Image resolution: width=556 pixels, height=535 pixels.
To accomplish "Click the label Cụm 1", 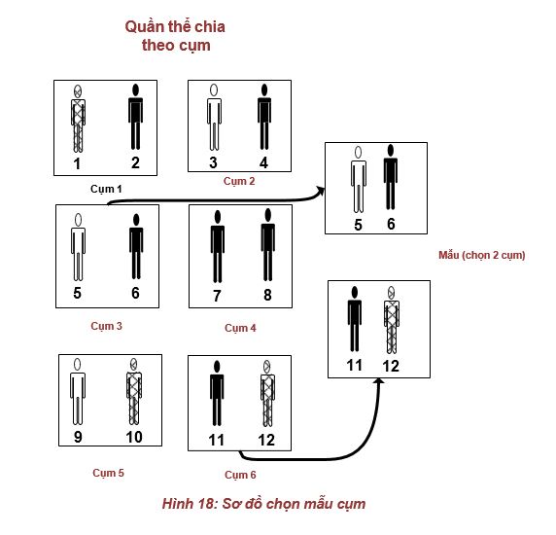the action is [106, 189].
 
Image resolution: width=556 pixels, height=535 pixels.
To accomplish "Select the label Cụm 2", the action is [239, 181].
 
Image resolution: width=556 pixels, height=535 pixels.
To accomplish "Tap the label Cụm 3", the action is [106, 326].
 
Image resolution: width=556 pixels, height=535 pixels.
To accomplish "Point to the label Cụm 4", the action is [240, 328].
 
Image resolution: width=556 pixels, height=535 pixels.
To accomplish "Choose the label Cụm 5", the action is [109, 473].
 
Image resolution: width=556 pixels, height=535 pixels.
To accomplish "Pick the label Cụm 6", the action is [240, 475].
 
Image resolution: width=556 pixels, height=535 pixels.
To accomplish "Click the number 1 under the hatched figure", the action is [77, 164].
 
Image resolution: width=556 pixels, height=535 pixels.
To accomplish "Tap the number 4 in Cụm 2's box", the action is [263, 162].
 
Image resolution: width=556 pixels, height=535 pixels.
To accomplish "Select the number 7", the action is [217, 296].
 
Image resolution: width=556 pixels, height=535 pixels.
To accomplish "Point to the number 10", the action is [134, 437].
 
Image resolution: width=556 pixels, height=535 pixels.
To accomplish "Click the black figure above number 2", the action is [135, 117].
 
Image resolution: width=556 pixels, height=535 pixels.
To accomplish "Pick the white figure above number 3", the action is [214, 117].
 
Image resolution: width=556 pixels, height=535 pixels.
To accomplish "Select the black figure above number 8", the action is [268, 245].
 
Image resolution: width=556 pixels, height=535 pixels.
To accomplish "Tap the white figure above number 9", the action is [78, 391].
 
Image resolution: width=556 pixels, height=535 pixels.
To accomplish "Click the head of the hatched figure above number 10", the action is [134, 364].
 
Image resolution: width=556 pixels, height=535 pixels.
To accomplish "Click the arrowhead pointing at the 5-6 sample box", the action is [321, 192].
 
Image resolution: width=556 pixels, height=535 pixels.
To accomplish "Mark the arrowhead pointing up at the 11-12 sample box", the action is [379, 381].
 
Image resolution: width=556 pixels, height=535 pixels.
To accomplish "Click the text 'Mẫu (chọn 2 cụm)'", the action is [482, 255].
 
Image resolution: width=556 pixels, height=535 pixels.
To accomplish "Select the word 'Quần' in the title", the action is [141, 27].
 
